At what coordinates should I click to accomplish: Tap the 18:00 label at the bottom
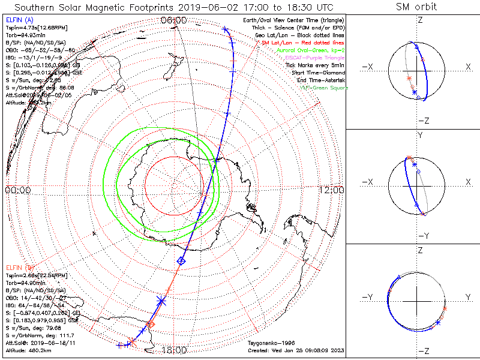175,350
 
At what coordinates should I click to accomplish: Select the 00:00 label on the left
17,190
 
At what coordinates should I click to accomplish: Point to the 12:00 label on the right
332,190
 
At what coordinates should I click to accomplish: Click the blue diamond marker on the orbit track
181,260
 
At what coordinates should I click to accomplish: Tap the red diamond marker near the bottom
150,325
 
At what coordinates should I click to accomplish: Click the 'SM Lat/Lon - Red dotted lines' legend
304,43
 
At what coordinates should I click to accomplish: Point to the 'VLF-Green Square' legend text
323,88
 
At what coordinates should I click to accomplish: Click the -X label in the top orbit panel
368,67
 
